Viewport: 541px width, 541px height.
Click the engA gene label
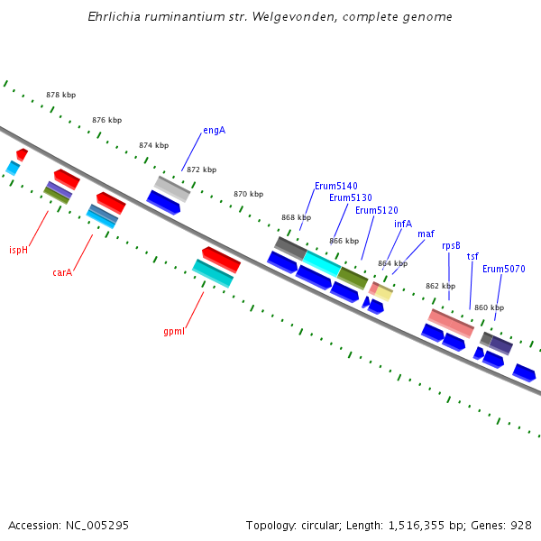point(214,131)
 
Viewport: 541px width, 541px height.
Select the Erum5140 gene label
point(335,186)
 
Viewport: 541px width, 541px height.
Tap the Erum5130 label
point(350,198)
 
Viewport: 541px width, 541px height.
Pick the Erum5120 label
point(376,211)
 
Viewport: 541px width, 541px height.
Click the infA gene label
point(402,225)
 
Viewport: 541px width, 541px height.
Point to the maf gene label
point(426,234)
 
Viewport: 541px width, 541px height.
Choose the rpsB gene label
point(451,245)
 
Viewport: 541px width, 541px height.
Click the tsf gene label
point(472,257)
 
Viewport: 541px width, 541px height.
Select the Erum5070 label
point(503,269)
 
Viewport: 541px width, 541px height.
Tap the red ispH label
point(18,251)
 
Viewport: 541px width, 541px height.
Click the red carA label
point(62,272)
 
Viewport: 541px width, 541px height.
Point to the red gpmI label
point(174,332)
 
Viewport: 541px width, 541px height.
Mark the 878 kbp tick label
point(60,95)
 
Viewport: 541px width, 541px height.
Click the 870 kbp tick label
point(248,194)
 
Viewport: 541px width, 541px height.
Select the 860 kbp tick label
point(489,307)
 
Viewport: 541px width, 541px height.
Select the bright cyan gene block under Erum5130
point(321,263)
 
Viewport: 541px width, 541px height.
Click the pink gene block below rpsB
point(451,323)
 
